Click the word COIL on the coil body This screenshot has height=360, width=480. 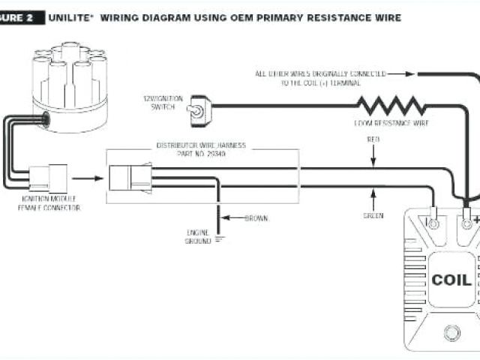click(451, 280)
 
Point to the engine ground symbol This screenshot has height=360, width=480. click(219, 239)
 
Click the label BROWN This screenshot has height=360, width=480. click(256, 218)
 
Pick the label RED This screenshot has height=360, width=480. click(373, 139)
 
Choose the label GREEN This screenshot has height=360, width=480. click(373, 216)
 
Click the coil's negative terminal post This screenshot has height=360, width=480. click(433, 223)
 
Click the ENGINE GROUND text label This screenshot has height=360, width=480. click(198, 237)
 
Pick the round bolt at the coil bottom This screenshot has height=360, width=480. click(451, 331)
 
